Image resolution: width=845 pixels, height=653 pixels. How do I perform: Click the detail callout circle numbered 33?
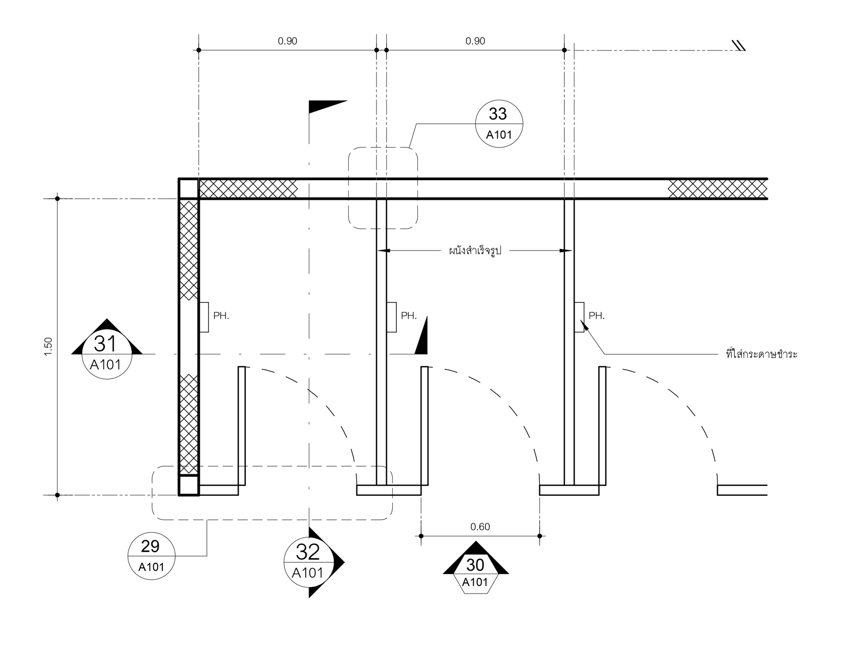(x=499, y=123)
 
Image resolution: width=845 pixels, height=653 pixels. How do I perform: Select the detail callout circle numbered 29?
(x=151, y=556)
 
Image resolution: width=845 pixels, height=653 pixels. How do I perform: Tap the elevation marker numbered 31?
(x=107, y=349)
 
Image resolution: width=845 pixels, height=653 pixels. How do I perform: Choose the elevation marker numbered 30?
(x=476, y=567)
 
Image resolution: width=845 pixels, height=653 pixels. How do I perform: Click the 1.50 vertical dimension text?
(x=48, y=347)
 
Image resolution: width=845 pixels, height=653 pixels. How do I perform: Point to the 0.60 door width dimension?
(x=480, y=526)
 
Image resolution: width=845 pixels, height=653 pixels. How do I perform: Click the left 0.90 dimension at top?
(x=287, y=41)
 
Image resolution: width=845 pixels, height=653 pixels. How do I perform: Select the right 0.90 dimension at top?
(x=475, y=41)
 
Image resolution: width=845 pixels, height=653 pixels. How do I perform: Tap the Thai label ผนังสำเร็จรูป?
(x=475, y=250)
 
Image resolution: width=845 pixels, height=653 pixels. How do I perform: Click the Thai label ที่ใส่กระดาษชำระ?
(x=762, y=354)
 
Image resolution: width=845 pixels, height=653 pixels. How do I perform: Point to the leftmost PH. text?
(x=221, y=315)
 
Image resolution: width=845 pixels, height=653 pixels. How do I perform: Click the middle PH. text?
(x=409, y=315)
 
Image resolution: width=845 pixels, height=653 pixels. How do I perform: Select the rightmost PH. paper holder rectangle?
(x=579, y=317)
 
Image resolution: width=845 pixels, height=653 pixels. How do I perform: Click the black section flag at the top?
(x=328, y=107)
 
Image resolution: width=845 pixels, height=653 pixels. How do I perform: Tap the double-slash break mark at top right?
(x=737, y=46)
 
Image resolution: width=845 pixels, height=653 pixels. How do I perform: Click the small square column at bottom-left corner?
(x=188, y=485)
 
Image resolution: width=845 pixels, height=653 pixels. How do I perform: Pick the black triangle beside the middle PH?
(x=421, y=335)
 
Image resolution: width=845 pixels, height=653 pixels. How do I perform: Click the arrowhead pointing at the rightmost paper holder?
(x=584, y=325)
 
